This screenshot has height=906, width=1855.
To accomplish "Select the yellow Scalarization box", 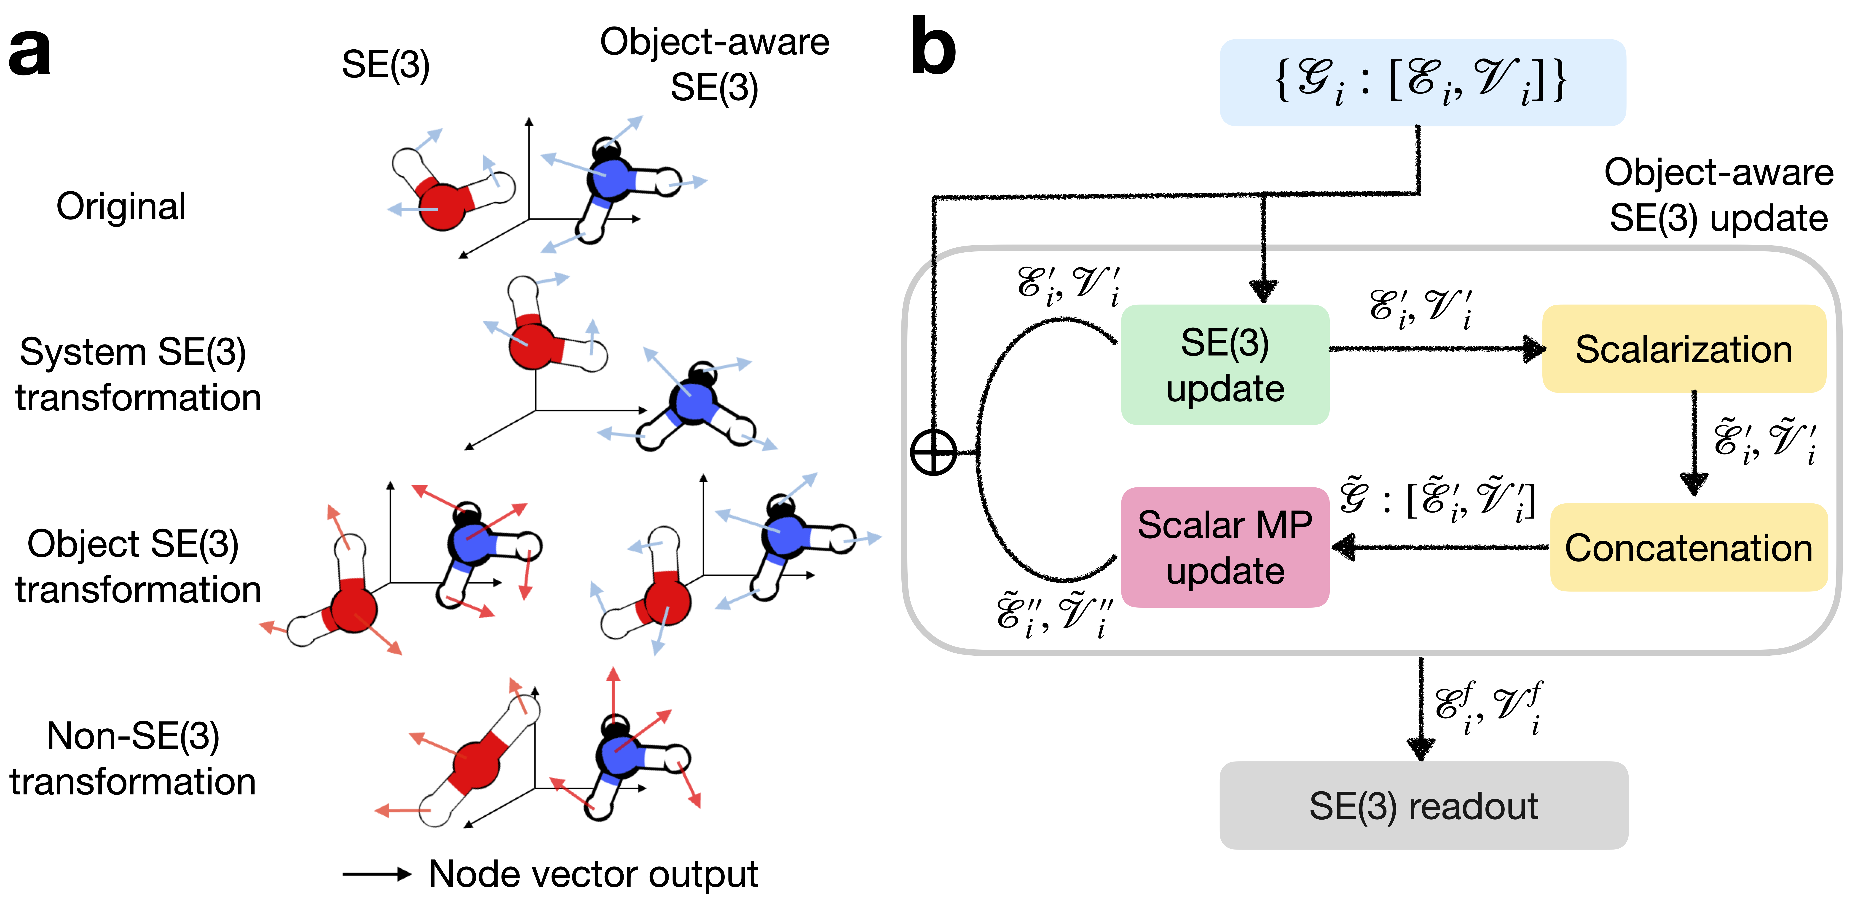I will coord(1683,349).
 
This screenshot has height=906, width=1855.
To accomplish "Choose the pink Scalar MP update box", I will coord(1224,547).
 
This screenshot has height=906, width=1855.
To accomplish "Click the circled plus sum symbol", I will coord(933,453).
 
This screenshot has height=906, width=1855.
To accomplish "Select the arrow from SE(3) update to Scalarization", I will coord(1437,349).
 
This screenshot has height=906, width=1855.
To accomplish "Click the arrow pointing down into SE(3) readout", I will coord(1421,709).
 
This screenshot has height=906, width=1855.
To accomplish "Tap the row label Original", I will coord(121,207).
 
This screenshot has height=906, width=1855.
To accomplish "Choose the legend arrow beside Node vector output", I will coord(376,874).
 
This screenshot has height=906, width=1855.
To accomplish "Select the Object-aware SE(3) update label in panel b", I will coord(1718,195).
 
